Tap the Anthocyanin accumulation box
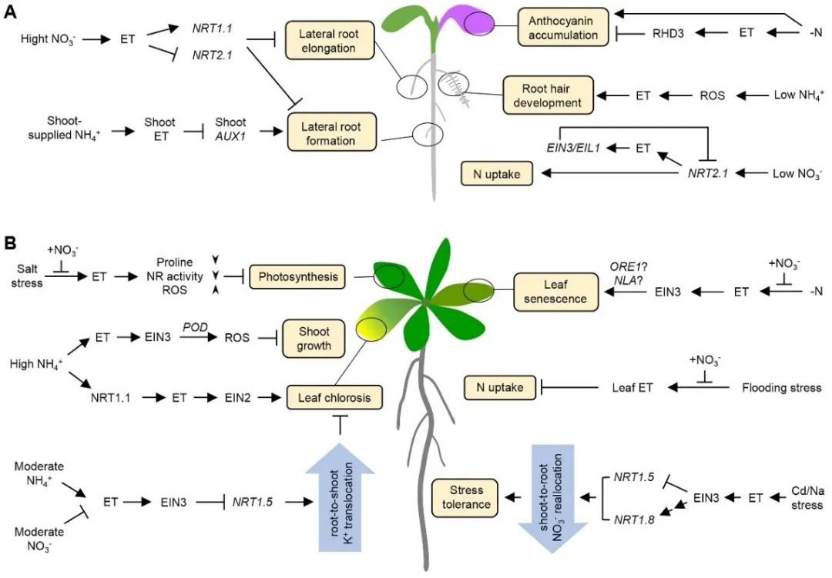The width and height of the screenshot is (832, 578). coord(562,26)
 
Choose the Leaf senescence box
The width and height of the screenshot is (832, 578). coord(551,290)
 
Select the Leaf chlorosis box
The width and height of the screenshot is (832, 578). coord(336,398)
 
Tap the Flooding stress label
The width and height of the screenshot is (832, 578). coord(782,388)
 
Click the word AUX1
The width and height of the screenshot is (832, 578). coord(230,139)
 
